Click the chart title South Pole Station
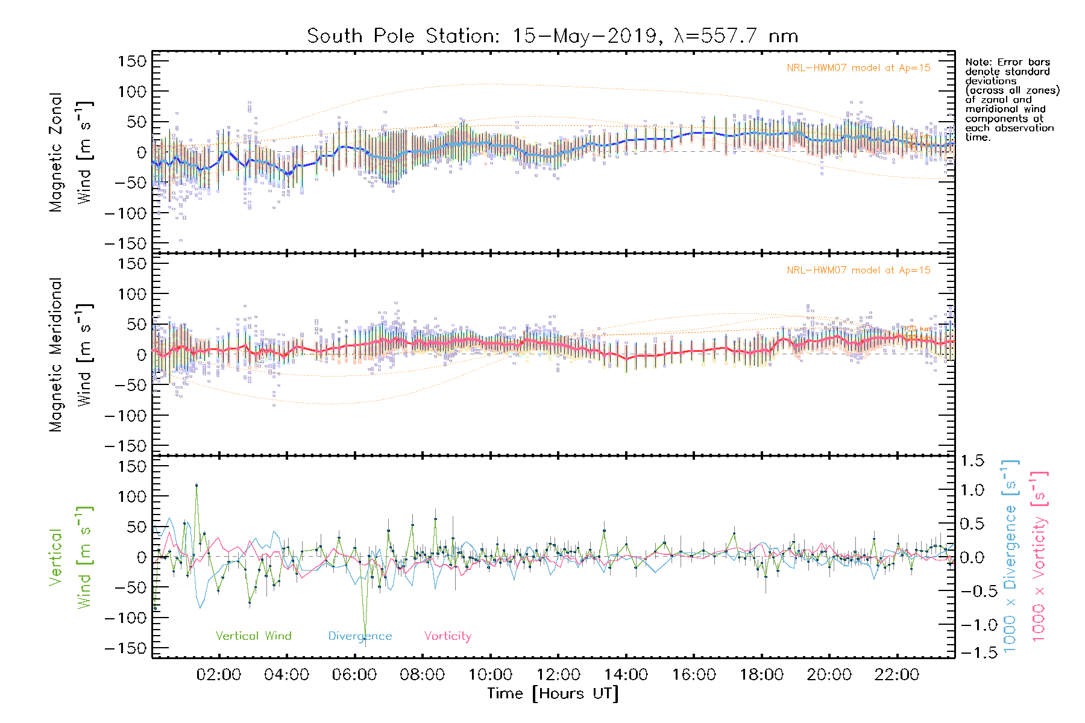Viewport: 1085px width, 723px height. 552,36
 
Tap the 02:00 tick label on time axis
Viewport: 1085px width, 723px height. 218,675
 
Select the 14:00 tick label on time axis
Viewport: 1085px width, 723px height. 626,675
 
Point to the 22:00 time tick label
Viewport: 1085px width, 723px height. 897,675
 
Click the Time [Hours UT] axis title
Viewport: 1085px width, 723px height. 553,693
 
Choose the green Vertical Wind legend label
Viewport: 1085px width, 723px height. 253,636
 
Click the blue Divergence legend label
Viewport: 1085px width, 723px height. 360,636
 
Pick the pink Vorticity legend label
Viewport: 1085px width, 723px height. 447,636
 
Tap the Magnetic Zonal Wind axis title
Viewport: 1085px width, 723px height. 71,152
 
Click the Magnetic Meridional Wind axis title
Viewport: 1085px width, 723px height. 71,355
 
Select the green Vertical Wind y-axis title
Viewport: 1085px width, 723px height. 71,557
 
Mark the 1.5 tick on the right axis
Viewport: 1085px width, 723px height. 972,461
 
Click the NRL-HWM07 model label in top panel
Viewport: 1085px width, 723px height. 858,68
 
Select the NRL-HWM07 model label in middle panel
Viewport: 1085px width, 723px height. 858,271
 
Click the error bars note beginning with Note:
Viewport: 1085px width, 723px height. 1011,99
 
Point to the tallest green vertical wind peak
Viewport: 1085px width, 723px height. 197,484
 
